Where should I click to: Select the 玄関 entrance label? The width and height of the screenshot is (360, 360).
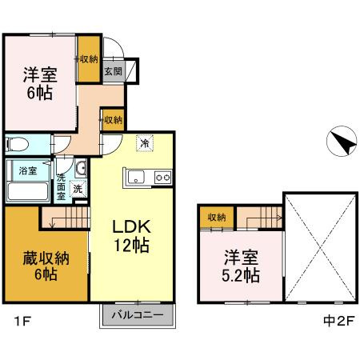[x=113, y=71]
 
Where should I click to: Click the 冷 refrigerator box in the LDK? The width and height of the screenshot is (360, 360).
[x=145, y=142]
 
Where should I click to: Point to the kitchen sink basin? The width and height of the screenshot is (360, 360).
[x=134, y=177]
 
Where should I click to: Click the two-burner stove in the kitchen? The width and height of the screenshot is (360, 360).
[x=162, y=177]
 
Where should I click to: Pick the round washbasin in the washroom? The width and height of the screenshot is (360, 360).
[x=80, y=168]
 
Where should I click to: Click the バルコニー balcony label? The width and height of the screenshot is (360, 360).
[x=138, y=314]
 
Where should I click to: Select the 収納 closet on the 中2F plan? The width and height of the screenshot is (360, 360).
[x=217, y=217]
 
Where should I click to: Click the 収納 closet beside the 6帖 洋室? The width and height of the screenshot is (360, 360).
[x=88, y=60]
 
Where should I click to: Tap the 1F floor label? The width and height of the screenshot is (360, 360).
[x=20, y=323]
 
